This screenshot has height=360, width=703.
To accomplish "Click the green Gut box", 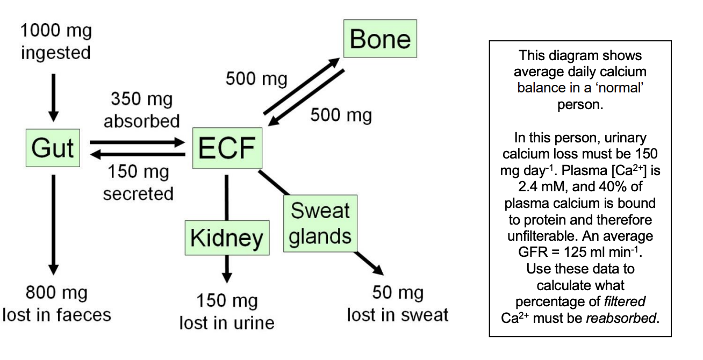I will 53,148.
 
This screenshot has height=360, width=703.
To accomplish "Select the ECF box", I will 227,148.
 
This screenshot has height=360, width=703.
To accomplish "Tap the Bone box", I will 380,39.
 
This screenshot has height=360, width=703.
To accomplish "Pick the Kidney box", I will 227,237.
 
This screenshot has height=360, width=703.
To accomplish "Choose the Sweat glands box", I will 320,224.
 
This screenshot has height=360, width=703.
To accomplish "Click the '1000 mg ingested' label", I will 56,42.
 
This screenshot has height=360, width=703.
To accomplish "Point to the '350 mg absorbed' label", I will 141,110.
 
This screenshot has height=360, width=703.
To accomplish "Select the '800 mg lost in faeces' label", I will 56,304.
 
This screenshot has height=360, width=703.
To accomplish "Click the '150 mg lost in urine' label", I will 227,312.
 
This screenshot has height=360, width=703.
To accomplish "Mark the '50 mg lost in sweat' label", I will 398,304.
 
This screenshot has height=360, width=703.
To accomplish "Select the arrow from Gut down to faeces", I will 53,224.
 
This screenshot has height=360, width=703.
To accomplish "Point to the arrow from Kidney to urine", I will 227,268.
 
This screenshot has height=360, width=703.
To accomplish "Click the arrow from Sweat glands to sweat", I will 369,263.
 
